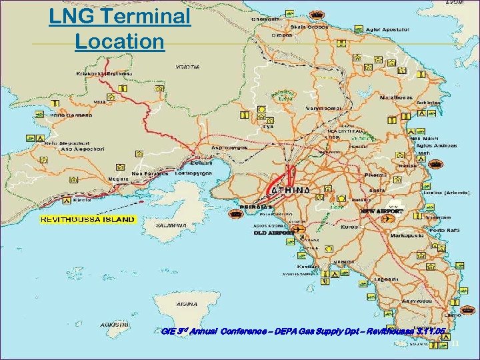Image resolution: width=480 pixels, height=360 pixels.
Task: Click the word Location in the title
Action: tap(119, 41)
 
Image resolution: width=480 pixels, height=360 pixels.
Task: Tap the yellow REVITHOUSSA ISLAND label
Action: tap(87, 219)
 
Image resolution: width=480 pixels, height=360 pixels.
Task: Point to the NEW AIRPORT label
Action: tap(382, 211)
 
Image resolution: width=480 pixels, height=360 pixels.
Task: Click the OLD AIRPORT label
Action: tap(273, 233)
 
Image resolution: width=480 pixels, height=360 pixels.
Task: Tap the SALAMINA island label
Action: tap(170, 225)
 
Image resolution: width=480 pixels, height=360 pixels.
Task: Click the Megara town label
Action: tap(119, 179)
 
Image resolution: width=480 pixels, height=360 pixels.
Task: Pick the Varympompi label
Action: tap(323, 107)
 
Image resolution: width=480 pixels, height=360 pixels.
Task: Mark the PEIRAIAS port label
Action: tap(252, 207)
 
